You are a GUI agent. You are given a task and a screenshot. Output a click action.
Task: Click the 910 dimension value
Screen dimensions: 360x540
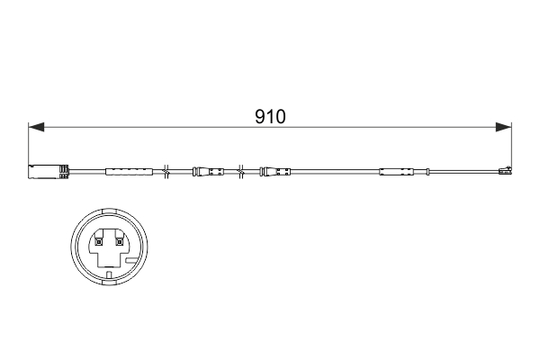(270, 117)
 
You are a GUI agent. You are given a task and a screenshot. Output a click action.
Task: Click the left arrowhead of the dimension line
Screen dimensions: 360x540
(35, 127)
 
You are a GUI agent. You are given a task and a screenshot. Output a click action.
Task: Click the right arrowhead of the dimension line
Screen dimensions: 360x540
(505, 127)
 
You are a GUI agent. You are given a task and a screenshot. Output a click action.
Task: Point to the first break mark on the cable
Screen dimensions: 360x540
(167, 170)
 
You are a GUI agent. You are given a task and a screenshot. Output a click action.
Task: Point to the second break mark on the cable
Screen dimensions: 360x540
(240, 170)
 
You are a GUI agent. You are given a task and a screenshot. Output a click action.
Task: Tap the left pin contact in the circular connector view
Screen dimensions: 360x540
(97, 240)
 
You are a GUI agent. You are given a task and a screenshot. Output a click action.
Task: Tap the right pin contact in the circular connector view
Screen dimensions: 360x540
(118, 240)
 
